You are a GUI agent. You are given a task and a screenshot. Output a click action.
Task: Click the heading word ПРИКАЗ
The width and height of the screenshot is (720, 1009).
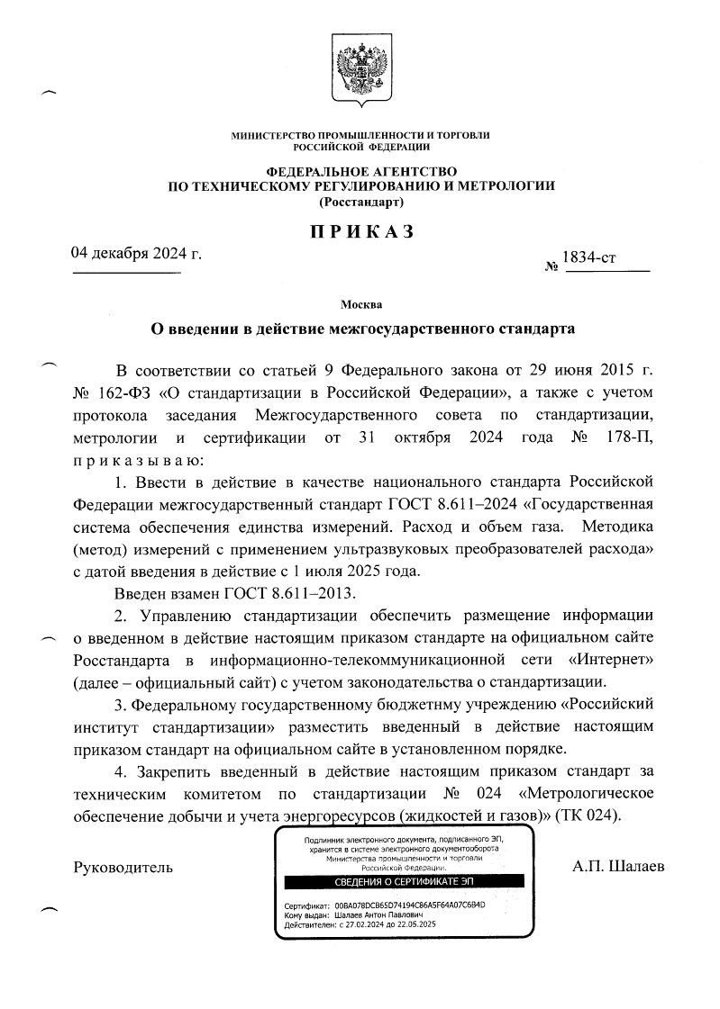(361, 232)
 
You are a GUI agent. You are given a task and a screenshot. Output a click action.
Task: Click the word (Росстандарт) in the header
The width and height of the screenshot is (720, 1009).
(361, 203)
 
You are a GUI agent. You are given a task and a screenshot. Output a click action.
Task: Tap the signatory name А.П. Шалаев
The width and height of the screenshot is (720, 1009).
(618, 867)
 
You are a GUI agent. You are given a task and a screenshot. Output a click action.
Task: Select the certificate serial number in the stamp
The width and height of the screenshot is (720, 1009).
(409, 905)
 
